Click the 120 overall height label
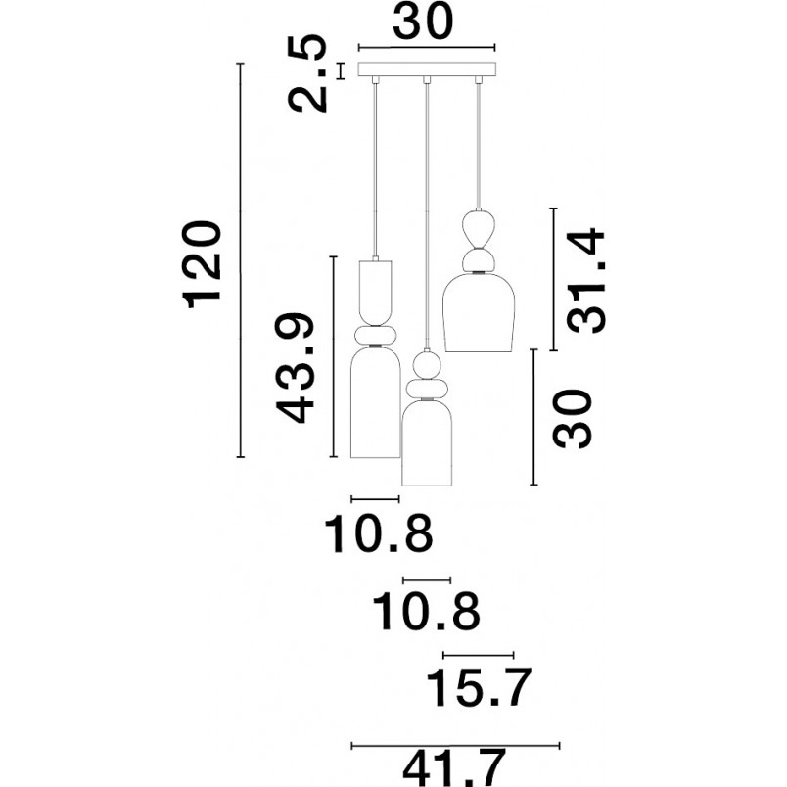[204, 264]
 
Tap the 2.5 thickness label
[307, 73]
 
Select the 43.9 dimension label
[296, 368]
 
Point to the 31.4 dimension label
[586, 280]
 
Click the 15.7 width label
[478, 687]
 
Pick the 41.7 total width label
[453, 768]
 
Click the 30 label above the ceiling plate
[423, 22]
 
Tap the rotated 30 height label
[572, 419]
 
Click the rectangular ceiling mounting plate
[427, 69]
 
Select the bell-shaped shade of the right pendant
[480, 312]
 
